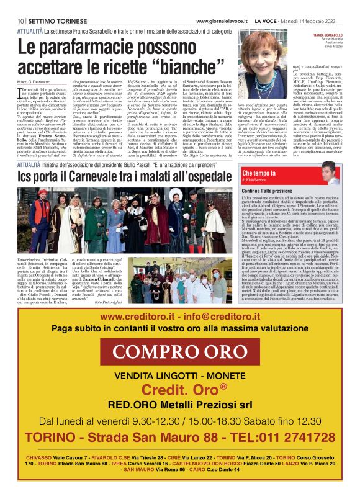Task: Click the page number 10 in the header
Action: pos(20,4)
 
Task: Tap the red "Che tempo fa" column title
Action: pos(260,173)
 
